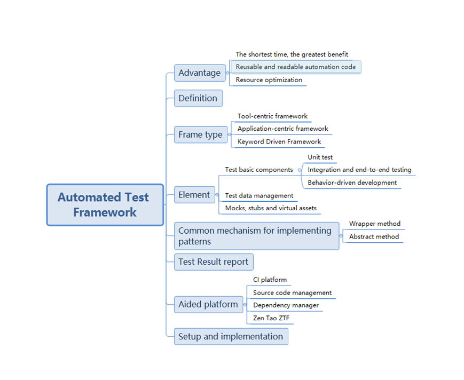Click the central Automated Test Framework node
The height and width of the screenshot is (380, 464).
tap(105, 205)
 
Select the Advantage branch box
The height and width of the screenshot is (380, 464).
tap(199, 73)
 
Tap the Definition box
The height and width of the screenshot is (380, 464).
tap(198, 98)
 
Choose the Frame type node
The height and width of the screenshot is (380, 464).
tap(200, 134)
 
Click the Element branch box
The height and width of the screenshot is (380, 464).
tap(194, 195)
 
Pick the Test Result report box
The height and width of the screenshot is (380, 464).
tap(213, 262)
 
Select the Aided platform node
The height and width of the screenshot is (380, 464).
tap(208, 305)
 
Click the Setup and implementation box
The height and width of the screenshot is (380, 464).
tap(231, 337)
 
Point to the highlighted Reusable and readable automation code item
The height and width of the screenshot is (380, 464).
tap(296, 67)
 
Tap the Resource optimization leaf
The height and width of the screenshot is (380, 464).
tap(269, 80)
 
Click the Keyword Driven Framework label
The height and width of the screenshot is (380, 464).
tap(279, 142)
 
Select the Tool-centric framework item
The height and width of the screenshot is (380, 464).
tap(272, 116)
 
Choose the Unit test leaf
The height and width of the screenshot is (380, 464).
tap(320, 157)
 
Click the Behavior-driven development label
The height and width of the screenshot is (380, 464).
tap(352, 183)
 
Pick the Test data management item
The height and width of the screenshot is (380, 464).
tap(259, 196)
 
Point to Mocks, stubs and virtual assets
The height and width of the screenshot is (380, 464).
tap(271, 208)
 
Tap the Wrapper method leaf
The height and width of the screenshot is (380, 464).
tap(375, 224)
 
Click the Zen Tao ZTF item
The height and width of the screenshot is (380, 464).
tap(271, 319)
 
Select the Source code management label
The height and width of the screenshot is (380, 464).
tap(292, 293)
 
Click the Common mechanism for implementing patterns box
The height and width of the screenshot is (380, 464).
tap(256, 236)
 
